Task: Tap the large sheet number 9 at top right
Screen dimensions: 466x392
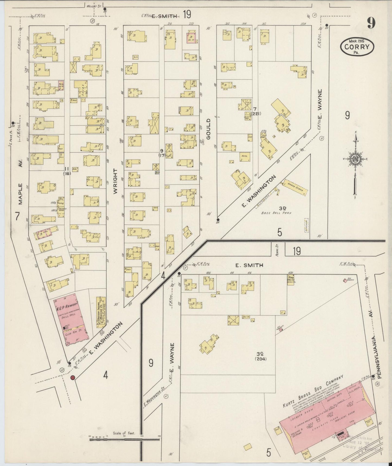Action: pyautogui.click(x=371, y=23)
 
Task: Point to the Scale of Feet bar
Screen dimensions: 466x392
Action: pyautogui.click(x=125, y=439)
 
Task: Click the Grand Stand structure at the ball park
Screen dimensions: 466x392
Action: pyautogui.click(x=295, y=187)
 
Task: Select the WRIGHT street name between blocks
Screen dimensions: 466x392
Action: pyautogui.click(x=115, y=181)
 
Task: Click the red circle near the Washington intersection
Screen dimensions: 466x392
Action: pyautogui.click(x=72, y=377)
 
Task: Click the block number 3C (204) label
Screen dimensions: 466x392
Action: pyautogui.click(x=260, y=356)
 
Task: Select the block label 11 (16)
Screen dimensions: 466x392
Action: pyautogui.click(x=67, y=171)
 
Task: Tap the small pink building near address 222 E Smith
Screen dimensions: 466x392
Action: pyautogui.click(x=191, y=37)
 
